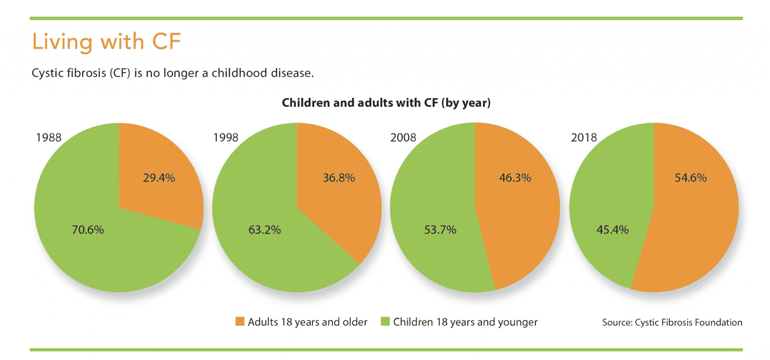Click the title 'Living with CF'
click(106, 42)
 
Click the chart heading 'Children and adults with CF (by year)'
click(386, 103)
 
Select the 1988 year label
click(48, 137)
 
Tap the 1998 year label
click(226, 137)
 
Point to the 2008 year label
click(403, 137)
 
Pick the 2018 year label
click(584, 137)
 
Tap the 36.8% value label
click(338, 177)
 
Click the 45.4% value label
click(613, 230)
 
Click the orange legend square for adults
click(240, 322)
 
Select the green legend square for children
click(385, 322)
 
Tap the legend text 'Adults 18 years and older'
click(307, 322)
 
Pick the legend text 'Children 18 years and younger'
click(465, 322)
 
